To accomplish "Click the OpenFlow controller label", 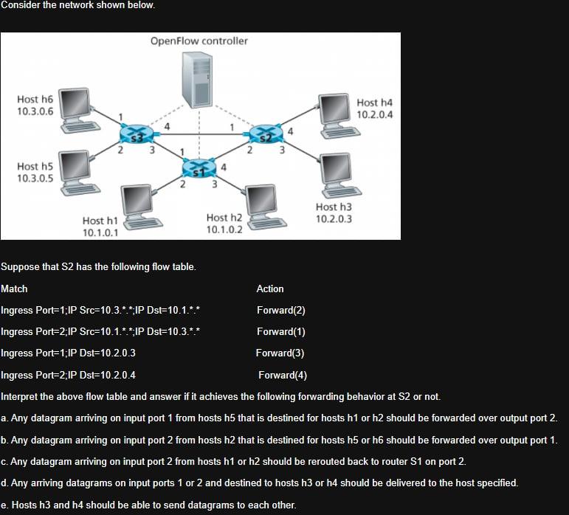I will (199, 41).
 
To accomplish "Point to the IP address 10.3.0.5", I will (35, 179).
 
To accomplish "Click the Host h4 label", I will (375, 103).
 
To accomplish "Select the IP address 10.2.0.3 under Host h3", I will (334, 219).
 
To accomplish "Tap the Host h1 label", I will (100, 221).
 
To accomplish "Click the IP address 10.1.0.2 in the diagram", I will (224, 229).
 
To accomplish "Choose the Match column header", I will (15, 288).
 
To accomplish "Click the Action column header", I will (270, 288).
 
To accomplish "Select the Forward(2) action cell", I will (280, 311).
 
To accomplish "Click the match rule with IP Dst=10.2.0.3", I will (69, 353).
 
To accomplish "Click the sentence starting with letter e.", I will (148, 505).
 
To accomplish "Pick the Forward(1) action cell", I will (280, 332).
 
